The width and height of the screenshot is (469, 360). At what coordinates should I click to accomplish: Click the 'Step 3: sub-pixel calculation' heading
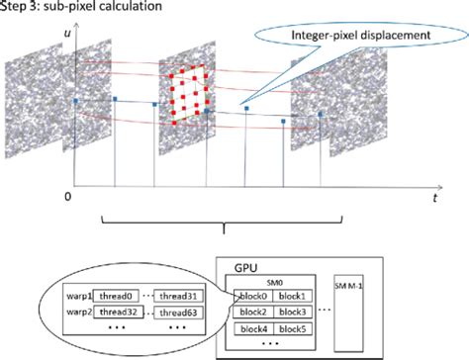click(67, 8)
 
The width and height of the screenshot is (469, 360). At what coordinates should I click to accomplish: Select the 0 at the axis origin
click(65, 198)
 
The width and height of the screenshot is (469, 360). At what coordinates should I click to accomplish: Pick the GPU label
click(245, 268)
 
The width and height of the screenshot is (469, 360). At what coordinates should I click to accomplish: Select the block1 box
click(293, 295)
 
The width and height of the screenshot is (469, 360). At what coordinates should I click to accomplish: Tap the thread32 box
click(119, 312)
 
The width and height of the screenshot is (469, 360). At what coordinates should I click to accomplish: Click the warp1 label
click(79, 295)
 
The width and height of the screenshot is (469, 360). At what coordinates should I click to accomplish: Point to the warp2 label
click(79, 312)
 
